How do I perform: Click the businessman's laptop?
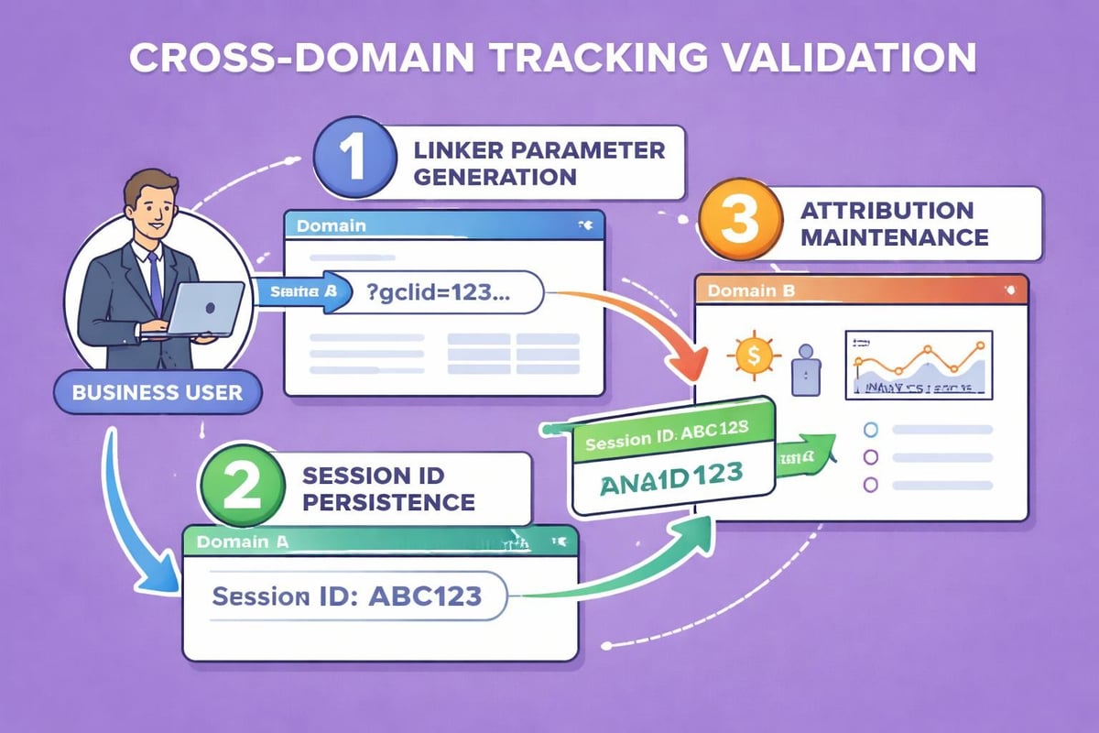point(205,310)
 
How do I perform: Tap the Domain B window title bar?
point(861,291)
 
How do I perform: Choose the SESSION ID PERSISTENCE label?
point(389,488)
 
